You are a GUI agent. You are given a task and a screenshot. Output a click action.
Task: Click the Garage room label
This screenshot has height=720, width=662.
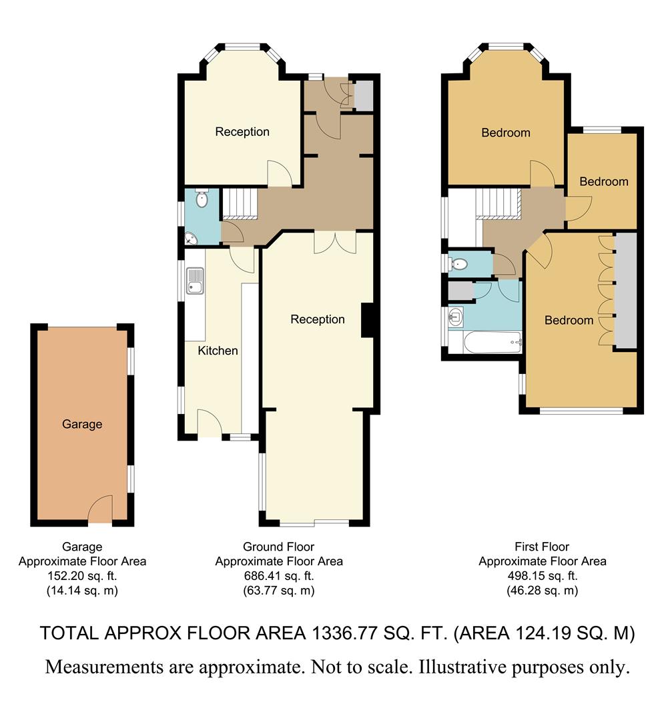82,424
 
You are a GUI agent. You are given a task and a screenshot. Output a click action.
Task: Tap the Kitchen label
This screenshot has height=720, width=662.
218,351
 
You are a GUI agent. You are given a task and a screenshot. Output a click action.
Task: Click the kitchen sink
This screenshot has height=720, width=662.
195,281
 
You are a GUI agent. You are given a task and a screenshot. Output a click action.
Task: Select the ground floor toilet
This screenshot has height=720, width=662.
202,198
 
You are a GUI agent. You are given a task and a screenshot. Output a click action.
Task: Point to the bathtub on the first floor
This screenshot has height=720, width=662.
484,343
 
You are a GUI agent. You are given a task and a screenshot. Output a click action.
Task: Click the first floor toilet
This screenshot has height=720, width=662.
458,265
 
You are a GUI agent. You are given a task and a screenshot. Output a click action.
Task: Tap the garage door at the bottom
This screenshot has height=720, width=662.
100,511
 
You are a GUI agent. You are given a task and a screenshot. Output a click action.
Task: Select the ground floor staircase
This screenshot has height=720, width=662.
240,203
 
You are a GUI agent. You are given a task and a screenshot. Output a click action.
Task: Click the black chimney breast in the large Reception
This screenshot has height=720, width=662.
367,321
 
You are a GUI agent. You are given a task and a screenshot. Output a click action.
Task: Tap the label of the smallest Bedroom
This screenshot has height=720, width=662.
603,181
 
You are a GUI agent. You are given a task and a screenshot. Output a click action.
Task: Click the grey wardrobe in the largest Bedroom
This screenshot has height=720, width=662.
625,290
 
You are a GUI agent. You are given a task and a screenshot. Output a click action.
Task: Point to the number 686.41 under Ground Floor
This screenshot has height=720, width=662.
265,576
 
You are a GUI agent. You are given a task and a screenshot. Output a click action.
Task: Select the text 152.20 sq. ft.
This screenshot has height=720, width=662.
82,576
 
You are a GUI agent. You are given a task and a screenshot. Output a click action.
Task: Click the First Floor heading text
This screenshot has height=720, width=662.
542,547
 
